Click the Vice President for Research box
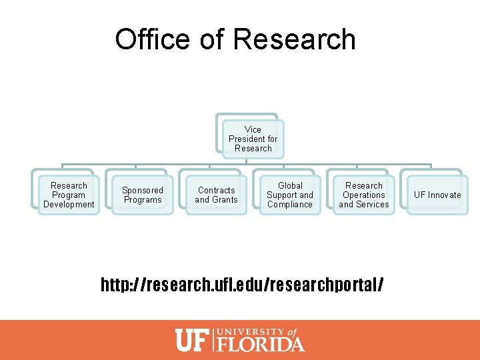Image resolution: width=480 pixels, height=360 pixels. click(x=253, y=139)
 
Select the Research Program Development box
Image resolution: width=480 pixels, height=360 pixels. click(x=69, y=195)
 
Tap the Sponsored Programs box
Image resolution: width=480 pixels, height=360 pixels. click(x=143, y=195)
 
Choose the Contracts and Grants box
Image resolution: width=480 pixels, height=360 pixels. click(x=216, y=195)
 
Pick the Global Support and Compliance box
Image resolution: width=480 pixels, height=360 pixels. click(x=290, y=195)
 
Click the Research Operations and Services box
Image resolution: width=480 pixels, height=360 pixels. click(x=364, y=195)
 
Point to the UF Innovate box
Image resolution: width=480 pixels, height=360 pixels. click(x=437, y=195)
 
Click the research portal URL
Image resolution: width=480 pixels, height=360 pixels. click(x=242, y=285)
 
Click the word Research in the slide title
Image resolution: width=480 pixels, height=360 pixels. click(x=295, y=39)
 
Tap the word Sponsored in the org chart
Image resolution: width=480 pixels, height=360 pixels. click(x=143, y=190)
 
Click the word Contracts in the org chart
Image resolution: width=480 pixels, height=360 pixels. click(x=217, y=190)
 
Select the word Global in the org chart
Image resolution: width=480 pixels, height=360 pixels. click(x=290, y=185)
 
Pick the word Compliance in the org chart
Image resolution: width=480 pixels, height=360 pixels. click(x=290, y=205)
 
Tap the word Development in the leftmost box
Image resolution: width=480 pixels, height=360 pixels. click(x=69, y=205)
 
